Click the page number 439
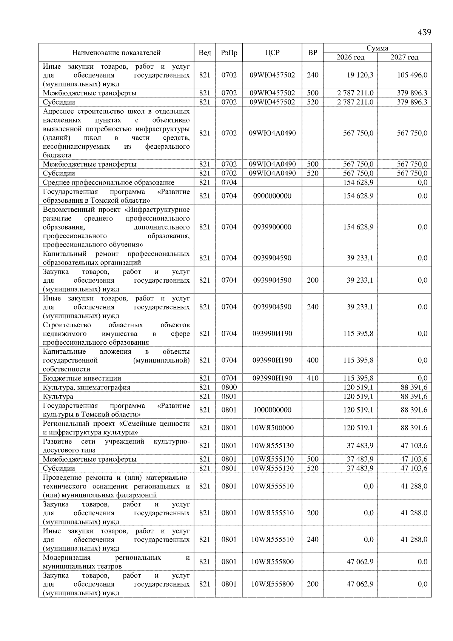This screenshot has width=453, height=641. coord(424,32)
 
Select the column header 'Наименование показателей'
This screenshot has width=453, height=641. coord(116,52)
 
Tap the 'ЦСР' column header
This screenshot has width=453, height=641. coord(272,52)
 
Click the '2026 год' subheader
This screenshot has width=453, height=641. coord(350,57)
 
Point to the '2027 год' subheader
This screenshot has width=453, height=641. coord(404,57)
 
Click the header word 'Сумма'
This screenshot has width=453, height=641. coord(377,48)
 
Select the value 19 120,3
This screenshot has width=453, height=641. coord(360,75)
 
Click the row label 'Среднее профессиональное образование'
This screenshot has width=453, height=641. coord(108,183)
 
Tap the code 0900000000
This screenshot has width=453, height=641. coord(272,196)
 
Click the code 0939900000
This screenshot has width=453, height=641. coord(272,227)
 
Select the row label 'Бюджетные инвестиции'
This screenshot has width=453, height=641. coord(82,378)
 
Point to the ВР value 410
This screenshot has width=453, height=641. coord(313,378)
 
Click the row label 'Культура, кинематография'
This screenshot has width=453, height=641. coord(86,387)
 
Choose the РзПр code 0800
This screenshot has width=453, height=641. coord(229,387)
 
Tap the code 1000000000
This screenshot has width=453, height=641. coord(272,410)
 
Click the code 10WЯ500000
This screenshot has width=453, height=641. coord(272,428)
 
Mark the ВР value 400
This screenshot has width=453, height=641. coord(313,360)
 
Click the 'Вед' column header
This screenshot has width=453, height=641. coord(205,52)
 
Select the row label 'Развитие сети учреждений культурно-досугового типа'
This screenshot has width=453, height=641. coord(116,445)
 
